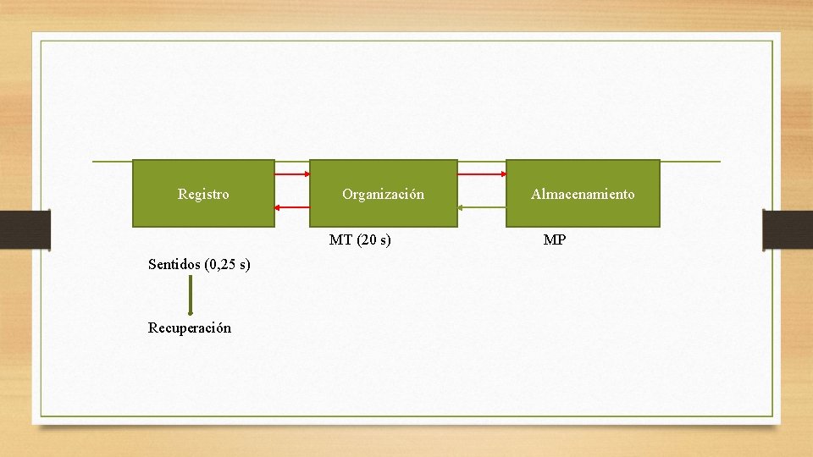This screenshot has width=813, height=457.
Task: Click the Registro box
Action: point(203,194)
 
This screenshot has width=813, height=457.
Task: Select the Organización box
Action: point(383,194)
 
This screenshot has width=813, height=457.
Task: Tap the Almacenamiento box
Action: point(583,194)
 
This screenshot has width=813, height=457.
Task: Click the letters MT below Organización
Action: point(340,240)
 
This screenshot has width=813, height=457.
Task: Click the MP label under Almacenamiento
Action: point(555,240)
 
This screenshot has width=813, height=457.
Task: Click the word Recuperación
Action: point(189,328)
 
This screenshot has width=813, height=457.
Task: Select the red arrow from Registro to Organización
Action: point(292,174)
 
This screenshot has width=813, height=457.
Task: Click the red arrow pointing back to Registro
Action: point(292,206)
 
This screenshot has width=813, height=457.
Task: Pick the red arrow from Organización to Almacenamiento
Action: point(482,174)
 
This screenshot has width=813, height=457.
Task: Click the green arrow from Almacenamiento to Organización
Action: point(482,206)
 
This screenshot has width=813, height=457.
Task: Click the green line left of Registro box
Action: point(112,161)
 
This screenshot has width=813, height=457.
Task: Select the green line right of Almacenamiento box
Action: point(690,161)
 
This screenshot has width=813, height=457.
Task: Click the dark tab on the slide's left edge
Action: point(25,229)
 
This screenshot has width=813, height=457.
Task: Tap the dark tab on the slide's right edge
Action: point(788,229)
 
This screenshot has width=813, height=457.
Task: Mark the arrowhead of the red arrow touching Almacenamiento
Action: point(502,174)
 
